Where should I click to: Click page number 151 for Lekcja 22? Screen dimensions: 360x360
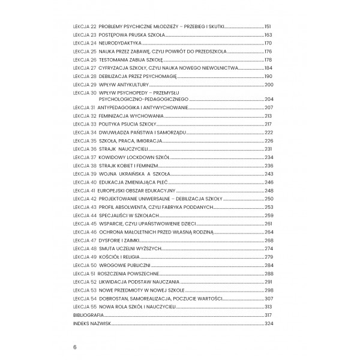[x=268, y=27]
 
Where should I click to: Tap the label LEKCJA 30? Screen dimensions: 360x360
[x=84, y=93]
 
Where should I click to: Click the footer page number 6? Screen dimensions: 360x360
[x=75, y=347]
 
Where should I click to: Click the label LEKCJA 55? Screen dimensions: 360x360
[x=84, y=307]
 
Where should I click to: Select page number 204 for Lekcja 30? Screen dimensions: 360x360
[x=268, y=99]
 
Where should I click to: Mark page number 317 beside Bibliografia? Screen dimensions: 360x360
[x=268, y=315]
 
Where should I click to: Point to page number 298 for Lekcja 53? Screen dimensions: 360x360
[x=268, y=290]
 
